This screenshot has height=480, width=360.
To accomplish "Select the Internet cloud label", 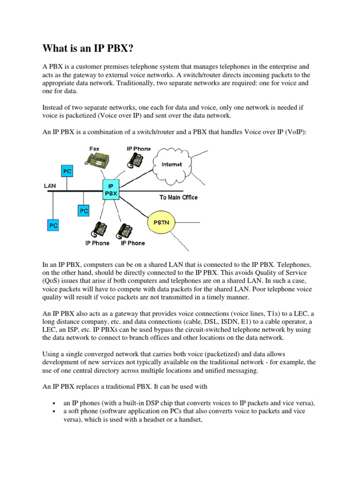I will click(x=172, y=165).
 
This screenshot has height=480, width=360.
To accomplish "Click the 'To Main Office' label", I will click(x=178, y=197).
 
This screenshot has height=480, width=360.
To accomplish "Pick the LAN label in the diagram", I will click(x=50, y=186).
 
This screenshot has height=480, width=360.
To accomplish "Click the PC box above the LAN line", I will click(x=67, y=172).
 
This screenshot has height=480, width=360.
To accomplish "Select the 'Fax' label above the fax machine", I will click(x=94, y=149).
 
